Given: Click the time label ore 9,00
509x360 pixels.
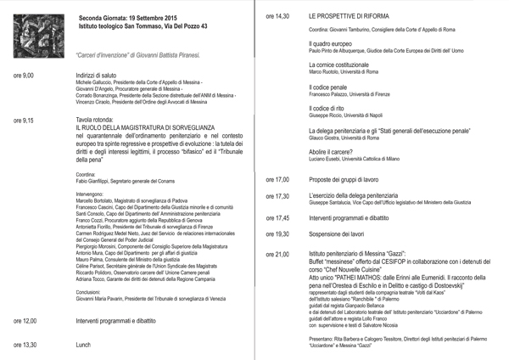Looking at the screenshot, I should click(x=24, y=76).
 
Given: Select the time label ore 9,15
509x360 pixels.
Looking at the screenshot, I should click(x=24, y=121).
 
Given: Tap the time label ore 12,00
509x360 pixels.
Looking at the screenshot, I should click(x=25, y=321).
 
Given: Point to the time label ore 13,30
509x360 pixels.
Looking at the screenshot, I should click(x=25, y=345).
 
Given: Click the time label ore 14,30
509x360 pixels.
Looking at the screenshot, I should click(x=277, y=16).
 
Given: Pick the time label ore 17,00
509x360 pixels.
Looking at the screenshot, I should click(x=277, y=180).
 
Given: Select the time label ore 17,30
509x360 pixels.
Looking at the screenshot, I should click(x=277, y=197).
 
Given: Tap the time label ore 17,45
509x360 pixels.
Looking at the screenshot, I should click(x=277, y=218).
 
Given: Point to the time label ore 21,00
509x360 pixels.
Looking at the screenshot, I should click(x=277, y=254).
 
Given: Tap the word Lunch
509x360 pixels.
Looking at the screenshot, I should click(x=83, y=345).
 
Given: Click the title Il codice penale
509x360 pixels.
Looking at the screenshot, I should click(x=328, y=87).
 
